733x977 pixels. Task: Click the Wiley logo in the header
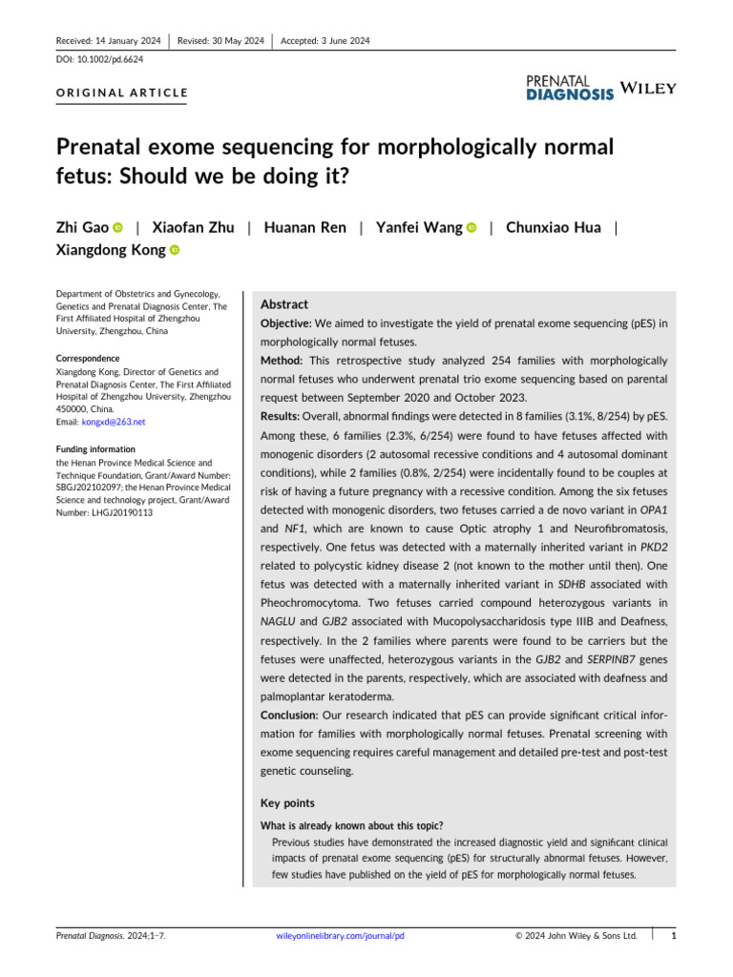coord(648,89)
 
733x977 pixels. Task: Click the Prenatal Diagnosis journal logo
coord(570,88)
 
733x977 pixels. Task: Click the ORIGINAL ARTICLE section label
coord(122,94)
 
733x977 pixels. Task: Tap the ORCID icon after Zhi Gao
coord(118,228)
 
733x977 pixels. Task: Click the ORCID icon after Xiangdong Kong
coord(175,250)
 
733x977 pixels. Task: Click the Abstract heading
coord(284,304)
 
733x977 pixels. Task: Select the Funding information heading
coord(95,448)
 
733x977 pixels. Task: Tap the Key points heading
coord(287,804)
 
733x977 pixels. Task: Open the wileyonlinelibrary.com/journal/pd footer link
coord(340,936)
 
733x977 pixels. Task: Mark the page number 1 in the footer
coord(674,936)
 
